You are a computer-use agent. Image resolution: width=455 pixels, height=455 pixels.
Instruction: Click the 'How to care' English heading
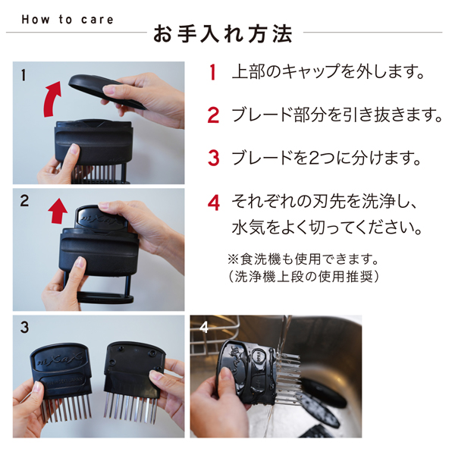tap(67, 19)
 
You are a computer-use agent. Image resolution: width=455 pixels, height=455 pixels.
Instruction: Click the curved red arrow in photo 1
tap(53, 99)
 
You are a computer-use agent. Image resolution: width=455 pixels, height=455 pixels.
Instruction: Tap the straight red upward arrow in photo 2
tap(58, 212)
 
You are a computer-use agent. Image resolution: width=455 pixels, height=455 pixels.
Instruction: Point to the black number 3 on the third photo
tap(24, 328)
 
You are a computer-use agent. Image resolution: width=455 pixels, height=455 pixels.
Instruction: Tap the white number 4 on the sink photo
tap(202, 328)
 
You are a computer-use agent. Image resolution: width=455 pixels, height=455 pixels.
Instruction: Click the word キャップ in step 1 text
tap(309, 74)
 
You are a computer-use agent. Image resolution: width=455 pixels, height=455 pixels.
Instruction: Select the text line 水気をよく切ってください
tap(325, 228)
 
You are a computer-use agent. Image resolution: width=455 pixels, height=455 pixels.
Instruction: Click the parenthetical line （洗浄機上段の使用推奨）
tap(303, 277)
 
